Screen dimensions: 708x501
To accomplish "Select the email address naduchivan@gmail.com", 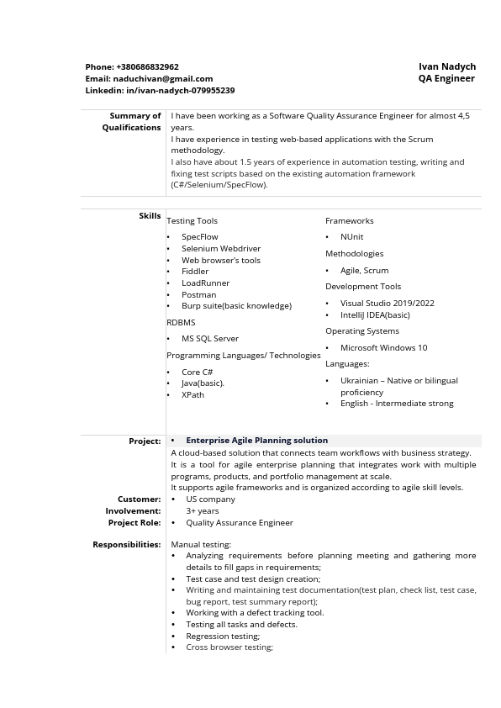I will pyautogui.click(x=162, y=78).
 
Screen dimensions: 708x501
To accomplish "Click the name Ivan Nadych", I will pyautogui.click(x=447, y=66).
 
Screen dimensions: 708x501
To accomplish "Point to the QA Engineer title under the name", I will pyautogui.click(x=446, y=78).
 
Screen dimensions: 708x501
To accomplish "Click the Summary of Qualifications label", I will pyautogui.click(x=132, y=121).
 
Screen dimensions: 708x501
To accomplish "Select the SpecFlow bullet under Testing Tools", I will pyautogui.click(x=199, y=237).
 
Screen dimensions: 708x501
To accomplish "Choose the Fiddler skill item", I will pyautogui.click(x=195, y=272).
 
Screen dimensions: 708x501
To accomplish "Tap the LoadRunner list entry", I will pyautogui.click(x=205, y=283).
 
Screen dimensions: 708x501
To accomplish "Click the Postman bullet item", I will pyautogui.click(x=198, y=294).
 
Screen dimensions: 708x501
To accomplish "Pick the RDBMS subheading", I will pyautogui.click(x=181, y=322).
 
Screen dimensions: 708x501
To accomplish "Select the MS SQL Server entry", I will pyautogui.click(x=210, y=338).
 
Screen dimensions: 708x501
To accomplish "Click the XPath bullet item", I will pyautogui.click(x=192, y=394).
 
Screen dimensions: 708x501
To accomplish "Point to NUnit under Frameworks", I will pyautogui.click(x=351, y=237).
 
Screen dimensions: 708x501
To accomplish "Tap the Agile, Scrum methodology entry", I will pyautogui.click(x=364, y=271).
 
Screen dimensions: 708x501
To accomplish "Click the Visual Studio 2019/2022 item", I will pyautogui.click(x=387, y=303).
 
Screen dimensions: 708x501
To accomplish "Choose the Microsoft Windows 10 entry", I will pyautogui.click(x=383, y=347).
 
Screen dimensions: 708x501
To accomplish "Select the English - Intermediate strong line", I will pyautogui.click(x=396, y=403).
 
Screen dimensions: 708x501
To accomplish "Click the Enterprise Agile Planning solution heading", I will pyautogui.click(x=256, y=440).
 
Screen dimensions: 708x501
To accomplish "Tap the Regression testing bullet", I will pyautogui.click(x=223, y=636).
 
